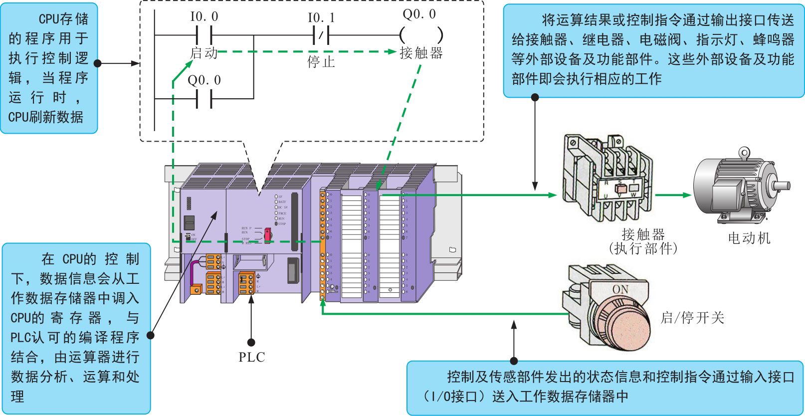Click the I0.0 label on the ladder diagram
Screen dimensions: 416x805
204,17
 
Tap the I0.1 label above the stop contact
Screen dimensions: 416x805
321,18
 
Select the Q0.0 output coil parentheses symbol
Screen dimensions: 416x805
421,35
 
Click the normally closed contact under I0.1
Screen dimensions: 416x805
321,35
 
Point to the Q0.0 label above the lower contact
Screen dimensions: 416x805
204,80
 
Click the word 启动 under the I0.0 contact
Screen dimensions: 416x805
203,53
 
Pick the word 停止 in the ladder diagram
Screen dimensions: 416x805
321,62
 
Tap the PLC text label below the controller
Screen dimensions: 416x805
251,357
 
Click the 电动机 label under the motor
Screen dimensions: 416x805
749,238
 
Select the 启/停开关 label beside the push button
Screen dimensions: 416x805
692,318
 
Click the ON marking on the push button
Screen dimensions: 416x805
620,289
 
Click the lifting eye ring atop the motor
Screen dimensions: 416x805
744,152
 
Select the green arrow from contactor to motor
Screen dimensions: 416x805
673,195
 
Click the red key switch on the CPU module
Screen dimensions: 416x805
268,234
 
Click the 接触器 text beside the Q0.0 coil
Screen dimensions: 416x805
421,53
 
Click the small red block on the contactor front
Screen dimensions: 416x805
621,189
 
